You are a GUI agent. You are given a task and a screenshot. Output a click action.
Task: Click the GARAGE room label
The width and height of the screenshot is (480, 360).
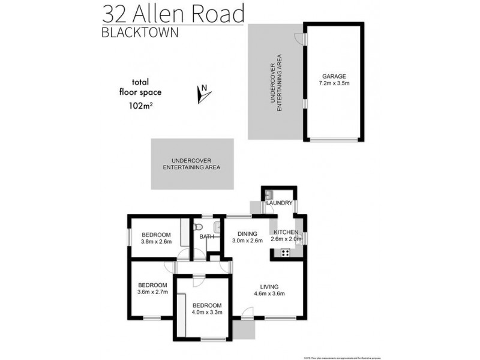pos(334,76)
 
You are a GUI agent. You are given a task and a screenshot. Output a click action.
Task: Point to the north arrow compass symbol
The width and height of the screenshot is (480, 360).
pos(202,94)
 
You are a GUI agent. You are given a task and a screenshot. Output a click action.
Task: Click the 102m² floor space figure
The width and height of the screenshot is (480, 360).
pos(140,106)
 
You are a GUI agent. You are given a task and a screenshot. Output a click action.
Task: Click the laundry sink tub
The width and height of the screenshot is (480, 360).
pos(269,194)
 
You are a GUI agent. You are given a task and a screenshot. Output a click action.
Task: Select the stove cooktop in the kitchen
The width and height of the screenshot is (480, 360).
pos(284,253)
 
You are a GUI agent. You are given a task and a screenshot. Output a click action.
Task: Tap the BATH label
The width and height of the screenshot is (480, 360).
pos(206,237)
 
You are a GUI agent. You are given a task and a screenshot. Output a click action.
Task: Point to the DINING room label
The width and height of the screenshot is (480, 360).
pos(247,233)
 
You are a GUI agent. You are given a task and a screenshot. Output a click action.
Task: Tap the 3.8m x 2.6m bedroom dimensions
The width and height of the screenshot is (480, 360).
pos(156,242)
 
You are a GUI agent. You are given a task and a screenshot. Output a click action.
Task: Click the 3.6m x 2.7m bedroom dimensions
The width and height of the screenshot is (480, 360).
pos(152,293)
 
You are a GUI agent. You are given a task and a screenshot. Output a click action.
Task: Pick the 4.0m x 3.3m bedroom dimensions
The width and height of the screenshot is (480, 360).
pos(208,312)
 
